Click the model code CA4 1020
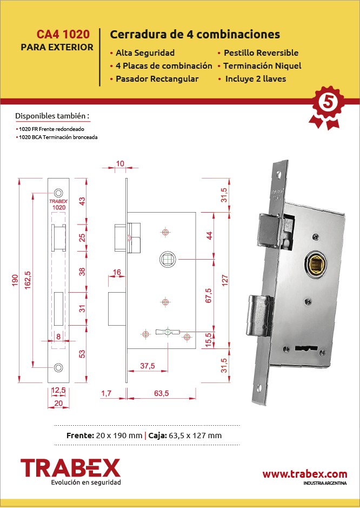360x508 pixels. click(63, 34)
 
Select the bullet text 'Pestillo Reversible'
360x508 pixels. click(261, 53)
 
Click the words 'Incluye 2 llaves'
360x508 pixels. click(256, 79)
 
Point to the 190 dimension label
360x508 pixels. click(15, 281)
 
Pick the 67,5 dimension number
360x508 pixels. click(208, 295)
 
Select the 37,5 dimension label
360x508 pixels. click(148, 366)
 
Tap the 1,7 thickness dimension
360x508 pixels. click(106, 393)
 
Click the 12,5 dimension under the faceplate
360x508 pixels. click(58, 391)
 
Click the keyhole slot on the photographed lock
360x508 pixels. click(305, 348)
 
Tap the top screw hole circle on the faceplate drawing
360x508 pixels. click(58, 193)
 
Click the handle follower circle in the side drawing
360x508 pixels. click(168, 260)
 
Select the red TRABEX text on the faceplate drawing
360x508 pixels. click(58, 201)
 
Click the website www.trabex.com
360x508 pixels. click(305, 474)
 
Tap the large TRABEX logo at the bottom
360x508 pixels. click(70, 467)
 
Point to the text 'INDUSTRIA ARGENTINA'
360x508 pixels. click(325, 483)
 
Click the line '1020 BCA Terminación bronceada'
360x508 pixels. click(58, 137)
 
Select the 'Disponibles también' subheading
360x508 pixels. click(52, 116)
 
